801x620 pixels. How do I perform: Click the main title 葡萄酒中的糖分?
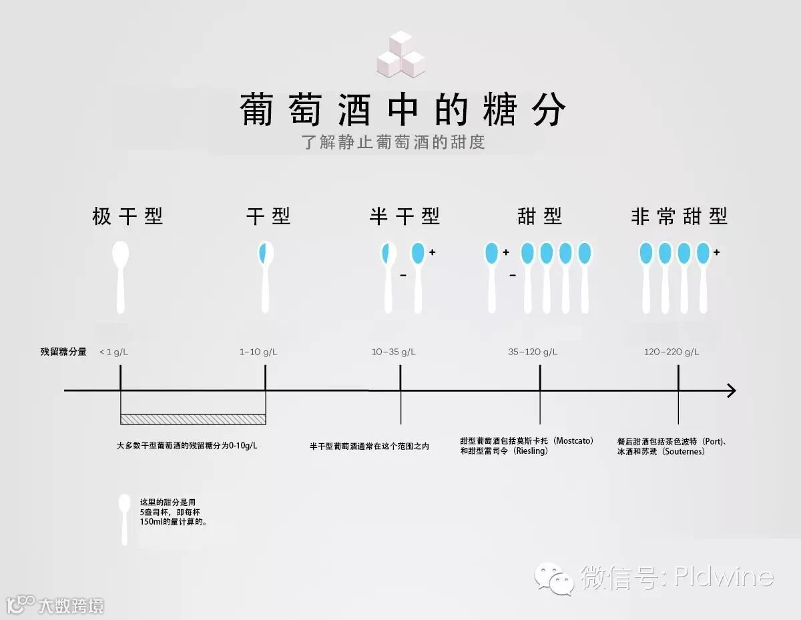click(403, 110)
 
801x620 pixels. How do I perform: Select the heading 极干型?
click(127, 216)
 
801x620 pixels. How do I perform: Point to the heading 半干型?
click(405, 216)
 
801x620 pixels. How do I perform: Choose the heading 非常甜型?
click(679, 216)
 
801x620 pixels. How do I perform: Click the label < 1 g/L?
click(113, 352)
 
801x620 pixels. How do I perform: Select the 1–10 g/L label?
click(258, 352)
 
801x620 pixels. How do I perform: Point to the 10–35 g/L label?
click(394, 352)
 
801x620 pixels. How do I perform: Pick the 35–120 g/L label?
click(533, 352)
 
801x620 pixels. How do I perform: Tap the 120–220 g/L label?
click(672, 352)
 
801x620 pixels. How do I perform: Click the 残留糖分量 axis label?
click(63, 352)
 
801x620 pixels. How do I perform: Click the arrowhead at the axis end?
click(731, 390)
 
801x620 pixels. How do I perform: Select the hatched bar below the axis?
click(193, 419)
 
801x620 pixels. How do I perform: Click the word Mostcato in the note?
click(573, 441)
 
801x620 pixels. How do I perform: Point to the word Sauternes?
click(682, 451)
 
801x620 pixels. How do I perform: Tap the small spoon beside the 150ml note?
click(124, 519)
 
